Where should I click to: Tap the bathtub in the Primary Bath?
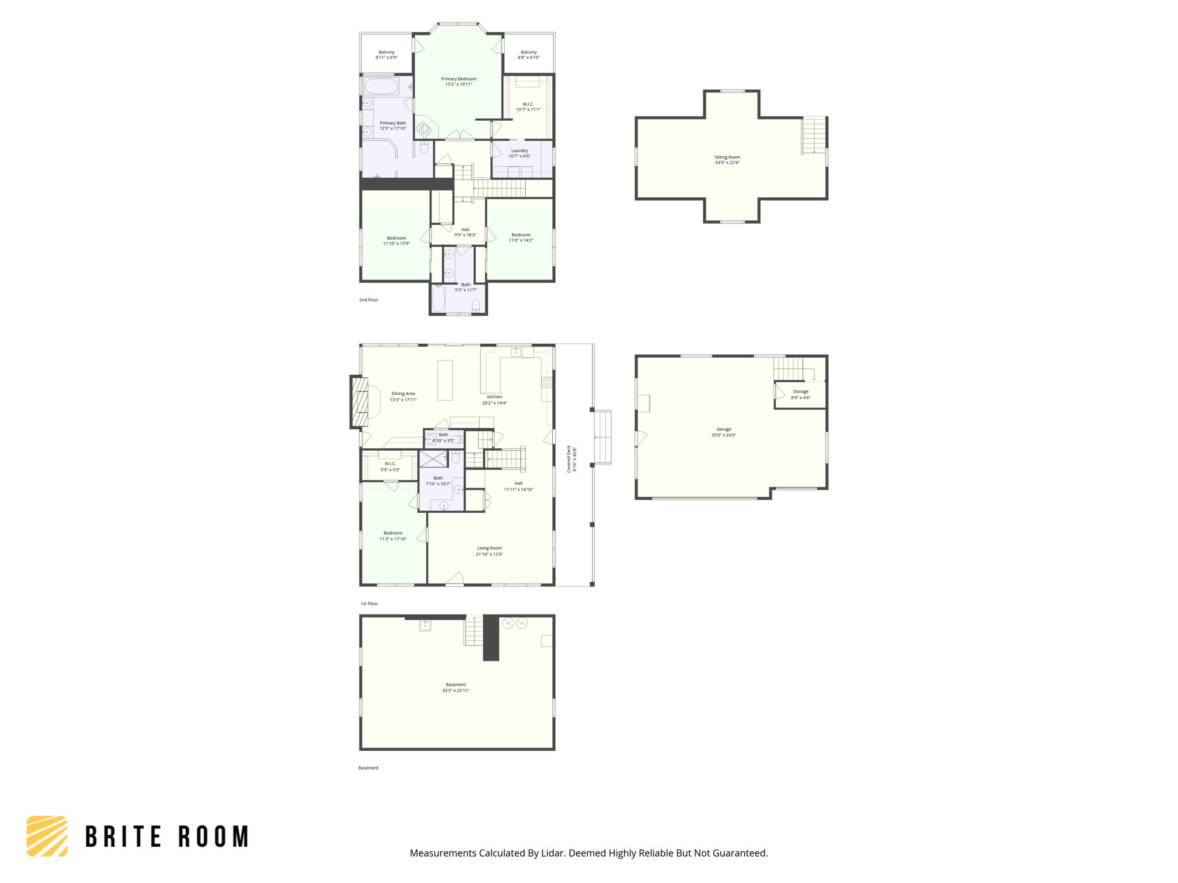click(x=381, y=87)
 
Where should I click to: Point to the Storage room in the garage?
click(x=801, y=394)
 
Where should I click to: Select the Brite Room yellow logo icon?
click(x=47, y=836)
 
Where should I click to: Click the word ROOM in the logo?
click(x=213, y=836)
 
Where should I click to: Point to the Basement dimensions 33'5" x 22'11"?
click(x=456, y=690)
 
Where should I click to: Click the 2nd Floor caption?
click(x=369, y=300)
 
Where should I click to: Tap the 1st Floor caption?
click(x=369, y=604)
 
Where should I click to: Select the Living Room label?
click(x=489, y=548)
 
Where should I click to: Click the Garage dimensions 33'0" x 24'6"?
click(x=724, y=435)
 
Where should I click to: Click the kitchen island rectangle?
click(x=445, y=379)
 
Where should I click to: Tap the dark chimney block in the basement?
click(x=491, y=638)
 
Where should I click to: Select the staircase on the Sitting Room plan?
click(x=814, y=135)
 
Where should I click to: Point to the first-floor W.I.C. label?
click(x=390, y=464)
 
